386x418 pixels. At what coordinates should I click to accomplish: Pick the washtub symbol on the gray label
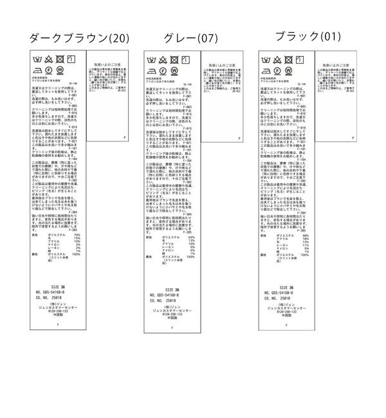[152, 59]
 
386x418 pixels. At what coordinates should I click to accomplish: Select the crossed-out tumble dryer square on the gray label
[172, 59]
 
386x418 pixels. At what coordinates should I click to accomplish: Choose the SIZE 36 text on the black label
[287, 287]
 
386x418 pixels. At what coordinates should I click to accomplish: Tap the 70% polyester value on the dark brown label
[77, 236]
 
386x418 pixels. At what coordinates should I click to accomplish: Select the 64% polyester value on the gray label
[191, 237]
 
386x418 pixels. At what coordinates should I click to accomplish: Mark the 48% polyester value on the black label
[305, 236]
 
